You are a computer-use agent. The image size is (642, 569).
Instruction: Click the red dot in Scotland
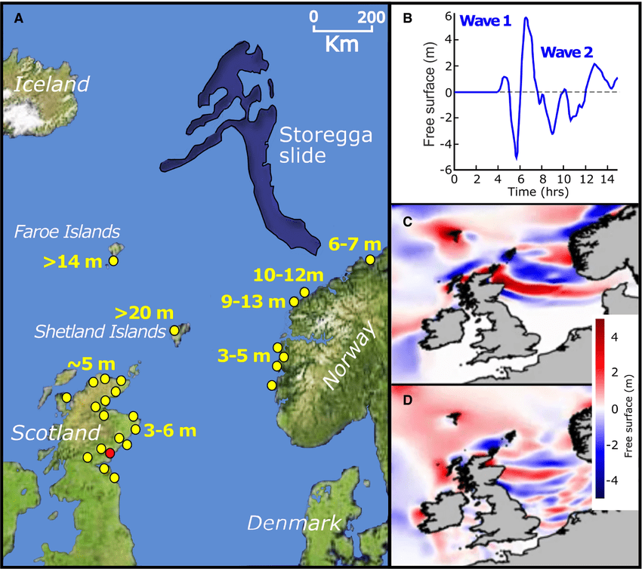[110, 453]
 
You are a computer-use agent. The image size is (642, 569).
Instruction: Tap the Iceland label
[51, 84]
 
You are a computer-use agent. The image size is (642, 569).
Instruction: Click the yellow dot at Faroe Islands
[114, 260]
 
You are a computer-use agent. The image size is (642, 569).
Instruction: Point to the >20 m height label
[144, 312]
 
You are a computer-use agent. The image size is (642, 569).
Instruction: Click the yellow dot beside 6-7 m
[370, 260]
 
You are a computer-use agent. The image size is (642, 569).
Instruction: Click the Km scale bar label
[342, 44]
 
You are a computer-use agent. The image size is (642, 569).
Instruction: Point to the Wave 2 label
[566, 52]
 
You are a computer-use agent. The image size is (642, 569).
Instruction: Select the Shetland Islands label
[100, 331]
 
